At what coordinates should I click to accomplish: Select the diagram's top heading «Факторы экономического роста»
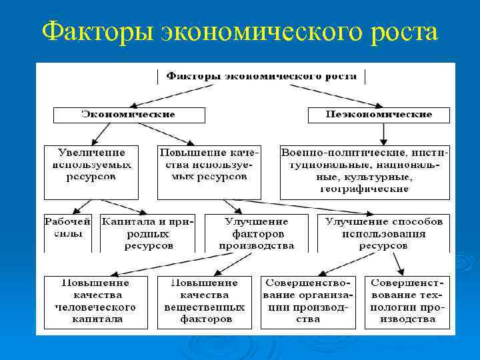pyautogui.click(x=261, y=76)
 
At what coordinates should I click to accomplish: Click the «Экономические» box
pyautogui.click(x=128, y=114)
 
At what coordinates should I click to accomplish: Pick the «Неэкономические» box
pyautogui.click(x=378, y=114)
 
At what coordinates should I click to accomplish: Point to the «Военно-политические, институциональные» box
pyautogui.click(x=365, y=171)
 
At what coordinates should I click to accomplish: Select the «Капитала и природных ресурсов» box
pyautogui.click(x=147, y=233)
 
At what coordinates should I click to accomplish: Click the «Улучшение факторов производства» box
pyautogui.click(x=257, y=233)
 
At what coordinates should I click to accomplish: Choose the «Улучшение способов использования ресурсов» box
pyautogui.click(x=383, y=233)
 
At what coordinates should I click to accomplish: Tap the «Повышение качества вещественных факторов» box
pyautogui.click(x=205, y=301)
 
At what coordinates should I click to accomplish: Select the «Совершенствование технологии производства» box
pyautogui.click(x=409, y=301)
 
